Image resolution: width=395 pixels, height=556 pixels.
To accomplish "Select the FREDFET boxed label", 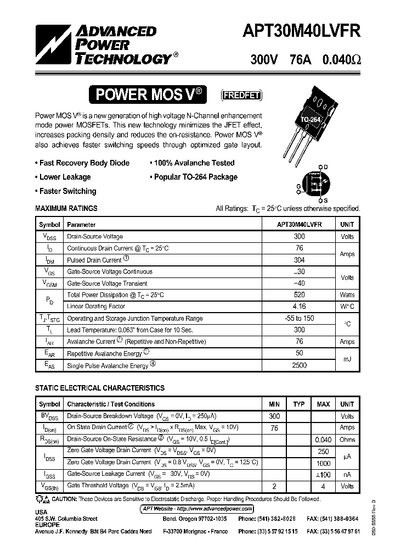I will pyautogui.click(x=241, y=95).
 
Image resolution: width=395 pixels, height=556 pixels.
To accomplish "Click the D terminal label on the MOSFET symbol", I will pyautogui.click(x=325, y=166).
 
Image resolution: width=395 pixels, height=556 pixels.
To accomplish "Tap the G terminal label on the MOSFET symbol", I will pyautogui.click(x=298, y=187).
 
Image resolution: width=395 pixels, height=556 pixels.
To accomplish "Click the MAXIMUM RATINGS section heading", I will pyautogui.click(x=66, y=208).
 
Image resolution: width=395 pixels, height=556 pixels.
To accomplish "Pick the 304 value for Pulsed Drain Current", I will pyautogui.click(x=299, y=260).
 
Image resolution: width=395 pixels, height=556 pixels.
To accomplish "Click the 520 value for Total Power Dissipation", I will pyautogui.click(x=299, y=295).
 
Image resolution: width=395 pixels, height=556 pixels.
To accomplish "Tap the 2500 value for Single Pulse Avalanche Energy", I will pyautogui.click(x=299, y=365).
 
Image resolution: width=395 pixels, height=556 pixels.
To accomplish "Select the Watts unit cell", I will pyautogui.click(x=347, y=295).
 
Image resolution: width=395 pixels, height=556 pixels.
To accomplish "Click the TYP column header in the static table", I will pyautogui.click(x=298, y=404).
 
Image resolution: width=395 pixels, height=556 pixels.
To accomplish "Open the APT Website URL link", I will pyautogui.click(x=197, y=509).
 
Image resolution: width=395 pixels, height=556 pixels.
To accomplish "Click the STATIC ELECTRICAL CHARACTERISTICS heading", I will pyautogui.click(x=99, y=388).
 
